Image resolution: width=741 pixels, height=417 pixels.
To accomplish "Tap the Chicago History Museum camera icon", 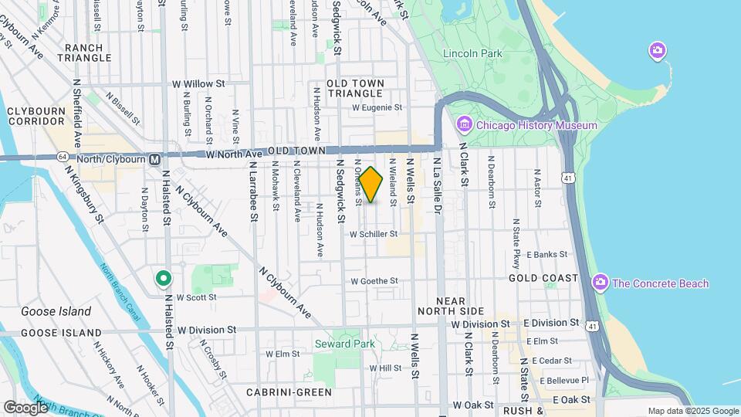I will tap(464, 124).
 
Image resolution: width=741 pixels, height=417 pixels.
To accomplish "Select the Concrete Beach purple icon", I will tap(601, 283).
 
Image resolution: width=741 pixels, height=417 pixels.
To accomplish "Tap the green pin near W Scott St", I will tap(163, 278).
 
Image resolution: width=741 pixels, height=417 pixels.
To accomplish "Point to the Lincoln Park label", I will tap(472, 53).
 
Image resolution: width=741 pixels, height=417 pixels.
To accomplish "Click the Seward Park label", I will tap(344, 344).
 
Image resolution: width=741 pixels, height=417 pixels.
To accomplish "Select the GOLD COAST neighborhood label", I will tap(543, 277).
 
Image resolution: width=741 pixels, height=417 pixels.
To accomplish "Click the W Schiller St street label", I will tap(373, 233).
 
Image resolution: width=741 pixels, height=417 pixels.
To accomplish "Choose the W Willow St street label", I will tap(198, 83).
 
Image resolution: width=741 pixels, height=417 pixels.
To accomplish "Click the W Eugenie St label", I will tap(377, 108).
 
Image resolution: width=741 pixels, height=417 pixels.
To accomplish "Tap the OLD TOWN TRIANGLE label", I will tap(354, 87).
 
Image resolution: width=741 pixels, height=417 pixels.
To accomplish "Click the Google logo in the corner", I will tap(25, 407).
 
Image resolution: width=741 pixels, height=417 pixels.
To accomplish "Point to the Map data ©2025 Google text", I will tap(692, 411).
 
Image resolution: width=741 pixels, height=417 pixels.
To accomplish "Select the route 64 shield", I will tap(60, 158).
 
